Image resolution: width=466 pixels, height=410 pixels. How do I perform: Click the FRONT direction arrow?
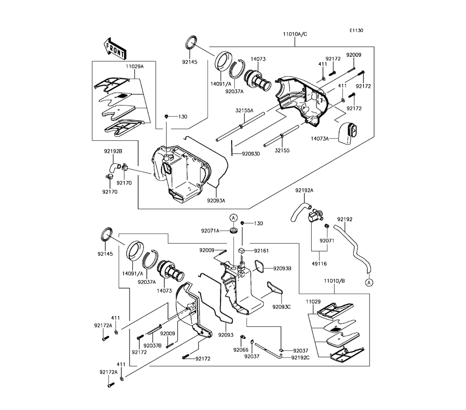[115, 48]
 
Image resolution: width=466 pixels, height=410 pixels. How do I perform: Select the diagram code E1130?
[356, 30]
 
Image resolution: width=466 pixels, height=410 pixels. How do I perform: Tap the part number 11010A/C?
[295, 34]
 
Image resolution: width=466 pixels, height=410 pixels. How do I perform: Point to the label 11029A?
[135, 66]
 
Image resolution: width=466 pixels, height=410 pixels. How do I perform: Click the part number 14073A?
[320, 138]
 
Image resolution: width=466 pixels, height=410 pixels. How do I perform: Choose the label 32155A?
[244, 110]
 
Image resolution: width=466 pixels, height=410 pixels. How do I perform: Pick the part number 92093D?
[251, 154]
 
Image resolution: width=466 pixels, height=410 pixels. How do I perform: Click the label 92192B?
[113, 151]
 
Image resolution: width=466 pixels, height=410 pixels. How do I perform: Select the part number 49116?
[319, 264]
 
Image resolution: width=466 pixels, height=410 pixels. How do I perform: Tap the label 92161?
[261, 251]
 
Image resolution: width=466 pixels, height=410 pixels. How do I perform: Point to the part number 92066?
[241, 350]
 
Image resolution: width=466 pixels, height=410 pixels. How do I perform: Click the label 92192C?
[300, 358]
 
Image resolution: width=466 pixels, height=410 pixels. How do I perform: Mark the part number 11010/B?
[334, 281]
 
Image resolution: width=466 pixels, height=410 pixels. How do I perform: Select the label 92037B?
[152, 346]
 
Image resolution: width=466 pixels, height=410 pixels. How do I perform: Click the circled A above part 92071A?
[233, 218]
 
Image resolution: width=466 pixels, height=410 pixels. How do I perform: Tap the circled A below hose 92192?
[369, 282]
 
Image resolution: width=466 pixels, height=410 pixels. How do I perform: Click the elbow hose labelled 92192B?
[114, 167]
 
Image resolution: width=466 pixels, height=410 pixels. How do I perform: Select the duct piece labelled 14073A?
[348, 133]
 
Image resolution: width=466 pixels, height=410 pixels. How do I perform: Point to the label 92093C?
[281, 307]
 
